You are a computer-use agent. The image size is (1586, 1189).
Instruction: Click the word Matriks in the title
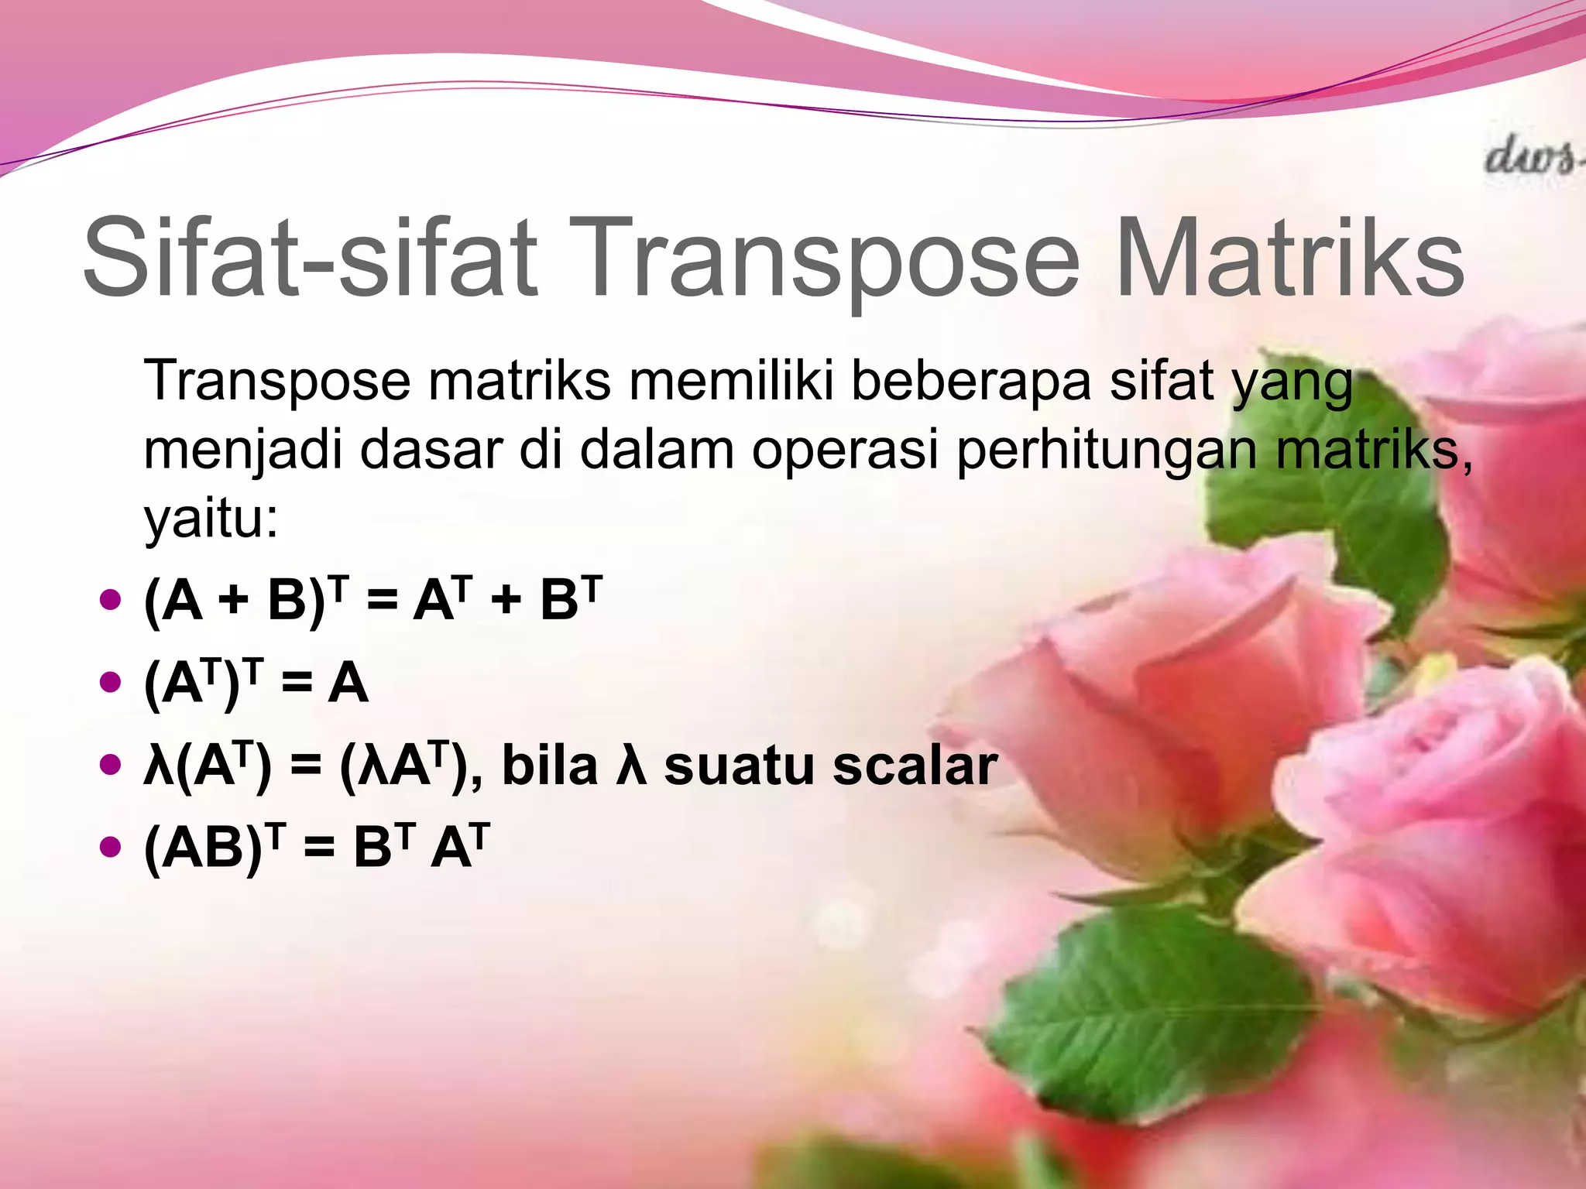(1289, 257)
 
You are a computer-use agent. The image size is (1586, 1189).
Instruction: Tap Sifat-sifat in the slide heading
(310, 257)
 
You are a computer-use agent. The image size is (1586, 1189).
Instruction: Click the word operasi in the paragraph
(845, 450)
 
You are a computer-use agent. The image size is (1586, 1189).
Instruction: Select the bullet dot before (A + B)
(112, 599)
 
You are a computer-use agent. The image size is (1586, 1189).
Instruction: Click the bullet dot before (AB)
(112, 847)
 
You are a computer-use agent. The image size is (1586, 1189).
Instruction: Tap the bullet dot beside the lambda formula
(112, 765)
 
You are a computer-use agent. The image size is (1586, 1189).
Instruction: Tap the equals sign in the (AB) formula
(319, 848)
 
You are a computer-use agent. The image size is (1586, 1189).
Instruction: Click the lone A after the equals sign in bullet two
(348, 684)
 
